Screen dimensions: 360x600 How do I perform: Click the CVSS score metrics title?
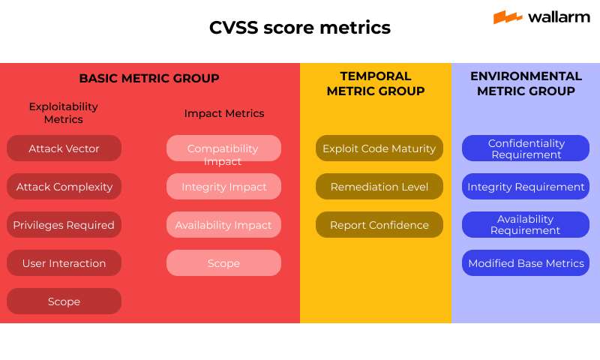(x=300, y=28)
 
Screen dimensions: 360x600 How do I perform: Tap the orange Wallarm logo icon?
(x=508, y=16)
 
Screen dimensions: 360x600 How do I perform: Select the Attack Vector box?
(x=64, y=148)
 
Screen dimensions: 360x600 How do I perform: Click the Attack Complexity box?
(x=64, y=187)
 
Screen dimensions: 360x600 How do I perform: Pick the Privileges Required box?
(x=64, y=225)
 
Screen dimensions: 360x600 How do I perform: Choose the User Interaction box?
(x=64, y=263)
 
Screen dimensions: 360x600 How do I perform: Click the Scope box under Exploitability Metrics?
(x=64, y=301)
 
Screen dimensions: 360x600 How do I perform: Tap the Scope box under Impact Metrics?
(x=223, y=263)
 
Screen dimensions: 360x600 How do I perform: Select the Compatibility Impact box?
(x=223, y=148)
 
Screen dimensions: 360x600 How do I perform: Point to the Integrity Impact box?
(x=223, y=187)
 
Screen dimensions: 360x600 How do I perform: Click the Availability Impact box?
(x=223, y=225)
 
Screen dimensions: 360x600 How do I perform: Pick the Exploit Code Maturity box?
(x=379, y=148)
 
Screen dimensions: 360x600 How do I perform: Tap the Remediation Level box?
(x=379, y=187)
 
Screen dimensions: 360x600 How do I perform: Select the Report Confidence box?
(x=379, y=225)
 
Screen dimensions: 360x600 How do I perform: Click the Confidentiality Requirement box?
(x=525, y=148)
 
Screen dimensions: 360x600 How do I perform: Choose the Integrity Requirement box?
(x=525, y=187)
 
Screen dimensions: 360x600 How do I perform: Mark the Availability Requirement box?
(x=525, y=225)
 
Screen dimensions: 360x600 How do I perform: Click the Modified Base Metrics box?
(x=525, y=263)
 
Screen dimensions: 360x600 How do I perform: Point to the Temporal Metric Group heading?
(x=376, y=83)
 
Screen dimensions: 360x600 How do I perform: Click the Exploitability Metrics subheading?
(x=64, y=112)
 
